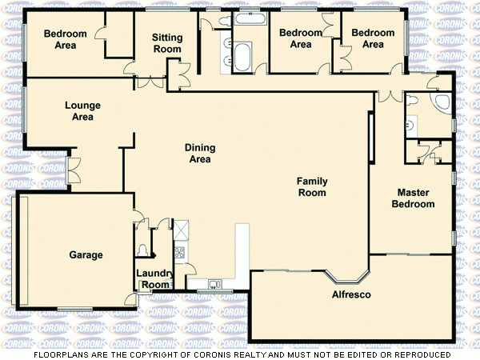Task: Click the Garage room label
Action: [86, 255]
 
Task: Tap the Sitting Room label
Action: [167, 43]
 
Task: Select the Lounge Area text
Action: [79, 111]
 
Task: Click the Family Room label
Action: [312, 187]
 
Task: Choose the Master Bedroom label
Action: [413, 198]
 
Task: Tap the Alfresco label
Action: [351, 295]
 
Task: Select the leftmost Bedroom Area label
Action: [60, 39]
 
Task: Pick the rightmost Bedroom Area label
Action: [373, 38]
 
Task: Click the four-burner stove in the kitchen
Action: [180, 252]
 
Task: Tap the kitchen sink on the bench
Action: [214, 283]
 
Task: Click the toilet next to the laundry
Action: [142, 249]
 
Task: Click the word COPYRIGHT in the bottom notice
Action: [168, 354]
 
